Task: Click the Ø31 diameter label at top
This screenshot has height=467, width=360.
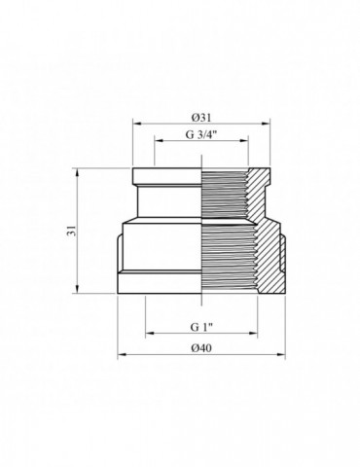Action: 201,116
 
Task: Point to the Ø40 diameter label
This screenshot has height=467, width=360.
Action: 200,347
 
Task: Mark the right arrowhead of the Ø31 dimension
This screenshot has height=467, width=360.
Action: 267,124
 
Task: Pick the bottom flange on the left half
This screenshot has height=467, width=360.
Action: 161,282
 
